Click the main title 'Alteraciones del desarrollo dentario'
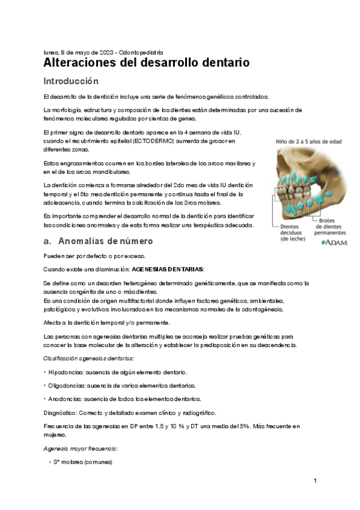coord(147,63)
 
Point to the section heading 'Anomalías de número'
coord(106,241)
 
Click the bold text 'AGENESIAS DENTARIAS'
coord(168,269)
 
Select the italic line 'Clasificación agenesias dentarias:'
coord(88,358)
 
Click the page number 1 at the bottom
coord(314,481)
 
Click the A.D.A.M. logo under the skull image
coord(334,242)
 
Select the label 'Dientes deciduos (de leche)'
coord(293,232)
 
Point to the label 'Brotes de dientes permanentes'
coord(331,226)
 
